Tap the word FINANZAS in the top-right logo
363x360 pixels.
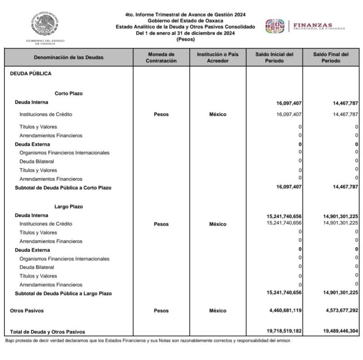click(x=313, y=25)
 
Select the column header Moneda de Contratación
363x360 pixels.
click(x=161, y=57)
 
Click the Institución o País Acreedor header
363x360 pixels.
click(x=218, y=57)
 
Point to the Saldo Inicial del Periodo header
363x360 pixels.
click(x=274, y=57)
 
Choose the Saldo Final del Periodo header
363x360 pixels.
click(x=331, y=57)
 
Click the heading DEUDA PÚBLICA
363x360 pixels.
click(x=31, y=73)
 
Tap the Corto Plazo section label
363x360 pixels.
click(x=69, y=94)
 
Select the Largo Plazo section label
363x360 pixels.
click(x=69, y=207)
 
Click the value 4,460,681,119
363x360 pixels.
click(x=284, y=311)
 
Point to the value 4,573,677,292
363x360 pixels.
click(x=341, y=311)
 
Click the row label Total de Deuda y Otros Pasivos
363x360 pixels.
click(x=47, y=332)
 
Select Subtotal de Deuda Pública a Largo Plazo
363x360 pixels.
click(x=63, y=294)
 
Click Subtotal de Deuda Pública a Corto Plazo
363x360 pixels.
click(x=63, y=187)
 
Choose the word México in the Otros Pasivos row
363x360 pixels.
click(x=218, y=311)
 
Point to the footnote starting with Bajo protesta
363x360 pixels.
click(x=148, y=340)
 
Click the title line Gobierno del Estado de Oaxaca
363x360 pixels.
click(x=185, y=21)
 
